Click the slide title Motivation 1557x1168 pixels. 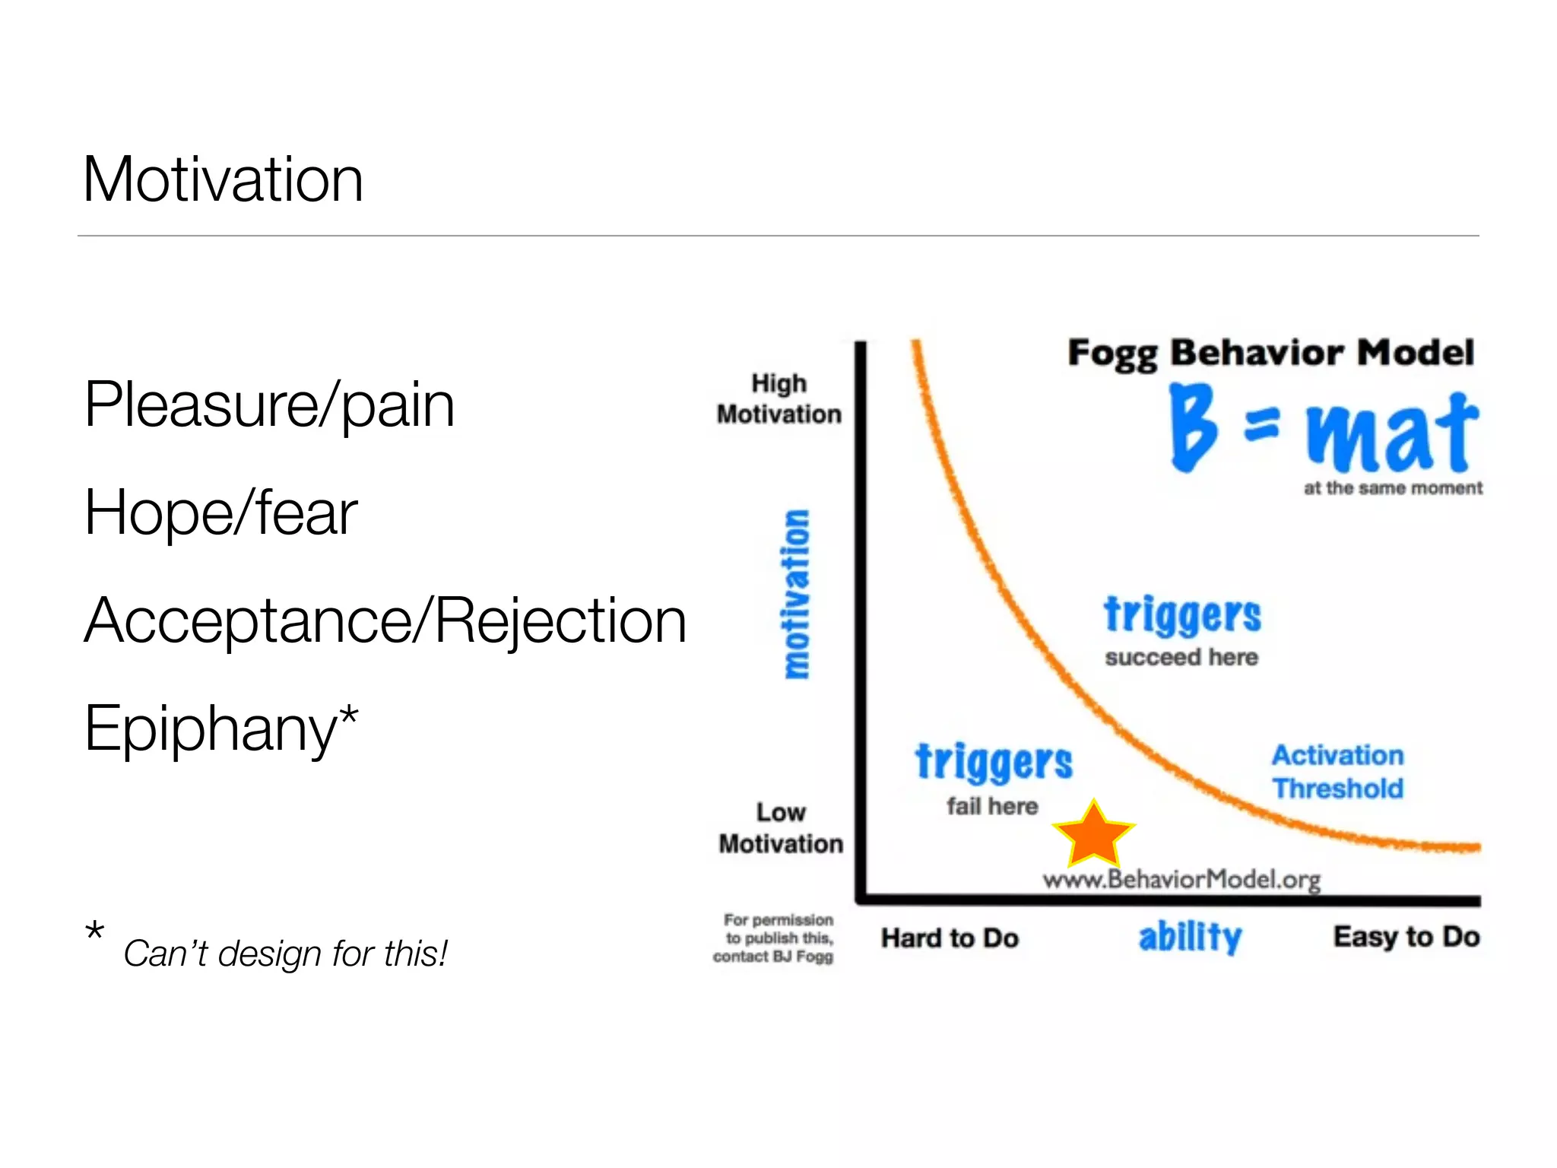[x=223, y=179]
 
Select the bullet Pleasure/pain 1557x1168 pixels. [x=269, y=405]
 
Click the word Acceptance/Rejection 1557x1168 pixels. [x=385, y=620]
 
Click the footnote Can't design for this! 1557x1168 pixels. [x=285, y=954]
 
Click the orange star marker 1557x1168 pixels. [x=1093, y=836]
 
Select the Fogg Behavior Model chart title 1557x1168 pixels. [x=1270, y=353]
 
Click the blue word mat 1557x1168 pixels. [x=1392, y=433]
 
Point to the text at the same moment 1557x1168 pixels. [x=1393, y=488]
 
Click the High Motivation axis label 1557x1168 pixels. [x=779, y=399]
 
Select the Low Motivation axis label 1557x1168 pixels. [x=781, y=828]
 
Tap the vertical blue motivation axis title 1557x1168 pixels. [x=797, y=594]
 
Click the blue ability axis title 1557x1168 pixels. [x=1190, y=936]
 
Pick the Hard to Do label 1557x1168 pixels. [x=950, y=938]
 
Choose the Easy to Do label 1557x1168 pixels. [x=1406, y=936]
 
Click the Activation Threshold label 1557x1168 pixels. [x=1338, y=772]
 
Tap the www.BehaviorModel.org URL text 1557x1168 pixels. [x=1181, y=880]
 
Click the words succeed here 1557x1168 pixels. [x=1181, y=657]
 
